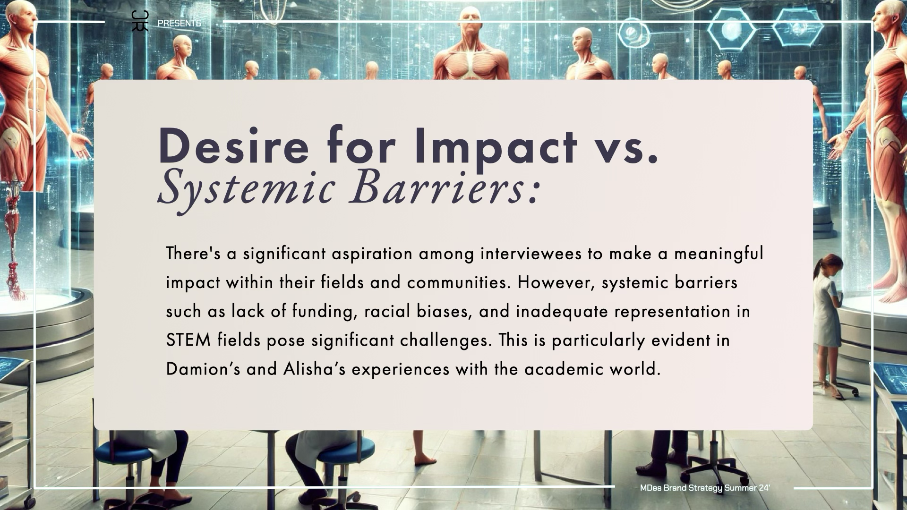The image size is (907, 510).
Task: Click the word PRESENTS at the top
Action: [179, 23]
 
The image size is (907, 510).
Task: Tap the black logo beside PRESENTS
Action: [140, 21]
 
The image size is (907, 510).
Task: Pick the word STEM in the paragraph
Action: [188, 340]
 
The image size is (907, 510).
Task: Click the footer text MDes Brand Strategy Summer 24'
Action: [705, 488]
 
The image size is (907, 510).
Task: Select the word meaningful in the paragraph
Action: [719, 255]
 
